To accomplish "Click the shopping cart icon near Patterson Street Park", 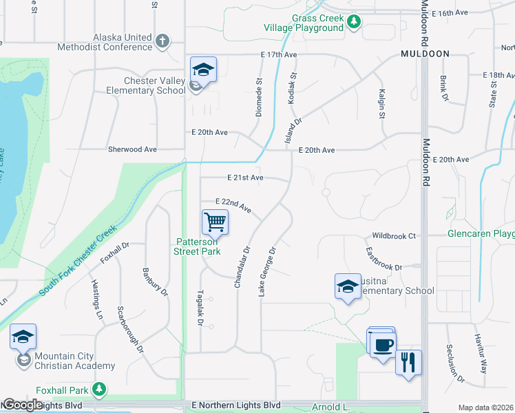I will point(216,223).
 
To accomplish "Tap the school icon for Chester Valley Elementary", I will point(203,71).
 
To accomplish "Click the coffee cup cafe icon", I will point(383,343).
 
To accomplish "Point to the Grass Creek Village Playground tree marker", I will point(354,23).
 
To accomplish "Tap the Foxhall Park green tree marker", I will point(101,390).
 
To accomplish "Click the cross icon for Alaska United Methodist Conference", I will point(162,41).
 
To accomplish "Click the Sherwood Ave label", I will point(132,149).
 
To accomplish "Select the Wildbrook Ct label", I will point(394,235).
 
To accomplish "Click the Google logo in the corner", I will point(23,405).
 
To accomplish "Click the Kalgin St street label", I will point(381,103).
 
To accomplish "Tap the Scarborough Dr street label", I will point(130,329).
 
